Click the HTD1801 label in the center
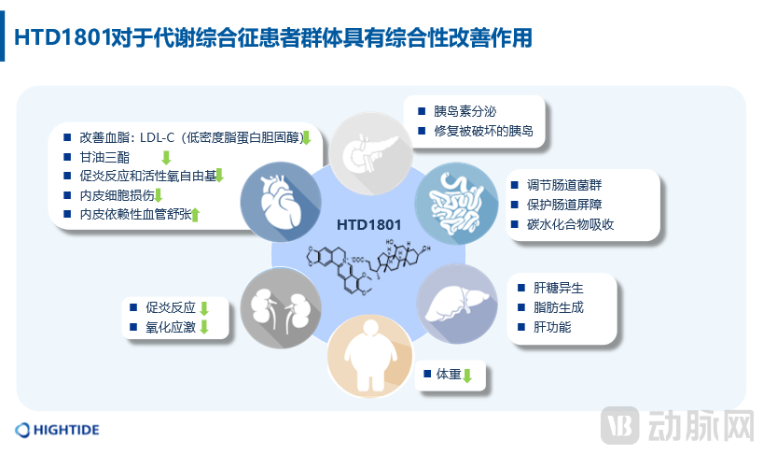[x=369, y=225]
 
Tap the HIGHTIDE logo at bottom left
[x=58, y=430]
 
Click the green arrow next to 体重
[x=468, y=376]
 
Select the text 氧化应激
[x=170, y=327]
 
